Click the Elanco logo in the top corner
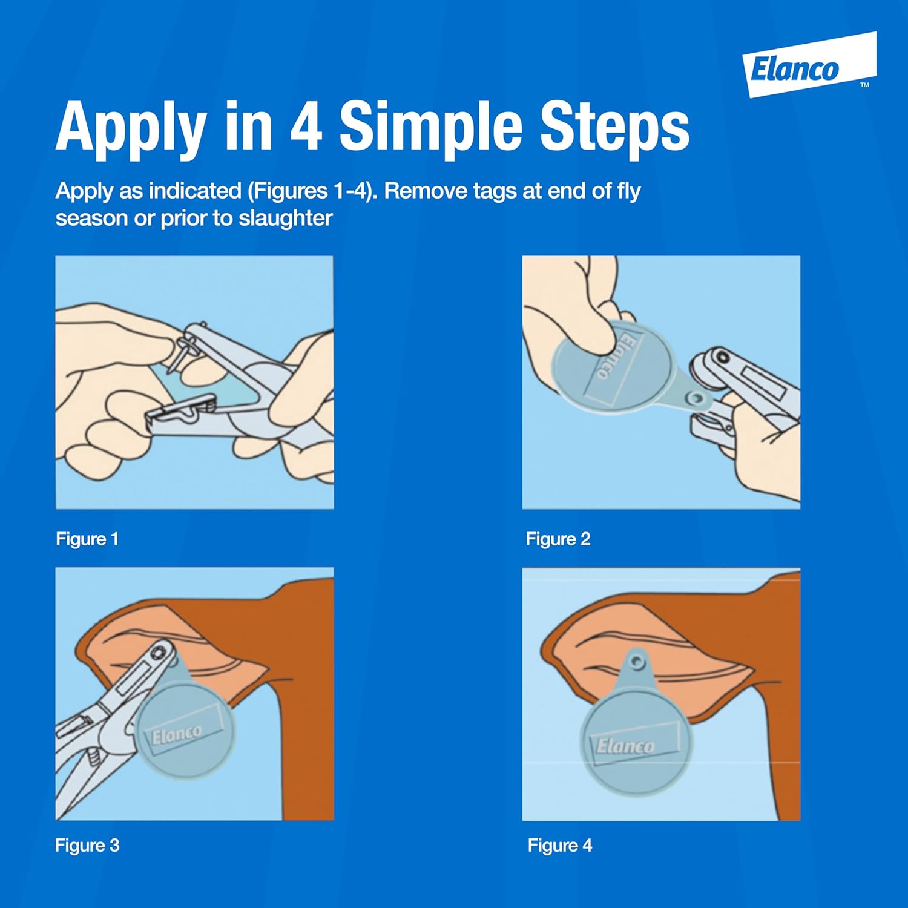tap(809, 65)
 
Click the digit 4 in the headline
tap(306, 126)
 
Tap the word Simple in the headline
tap(430, 127)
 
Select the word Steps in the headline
tap(614, 127)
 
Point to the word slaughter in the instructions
tap(286, 218)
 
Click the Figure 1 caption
tap(87, 539)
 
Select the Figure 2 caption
tap(558, 539)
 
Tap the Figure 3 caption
tap(87, 845)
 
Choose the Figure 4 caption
tap(559, 845)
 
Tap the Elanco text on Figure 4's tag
tap(625, 746)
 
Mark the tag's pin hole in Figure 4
tap(636, 662)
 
